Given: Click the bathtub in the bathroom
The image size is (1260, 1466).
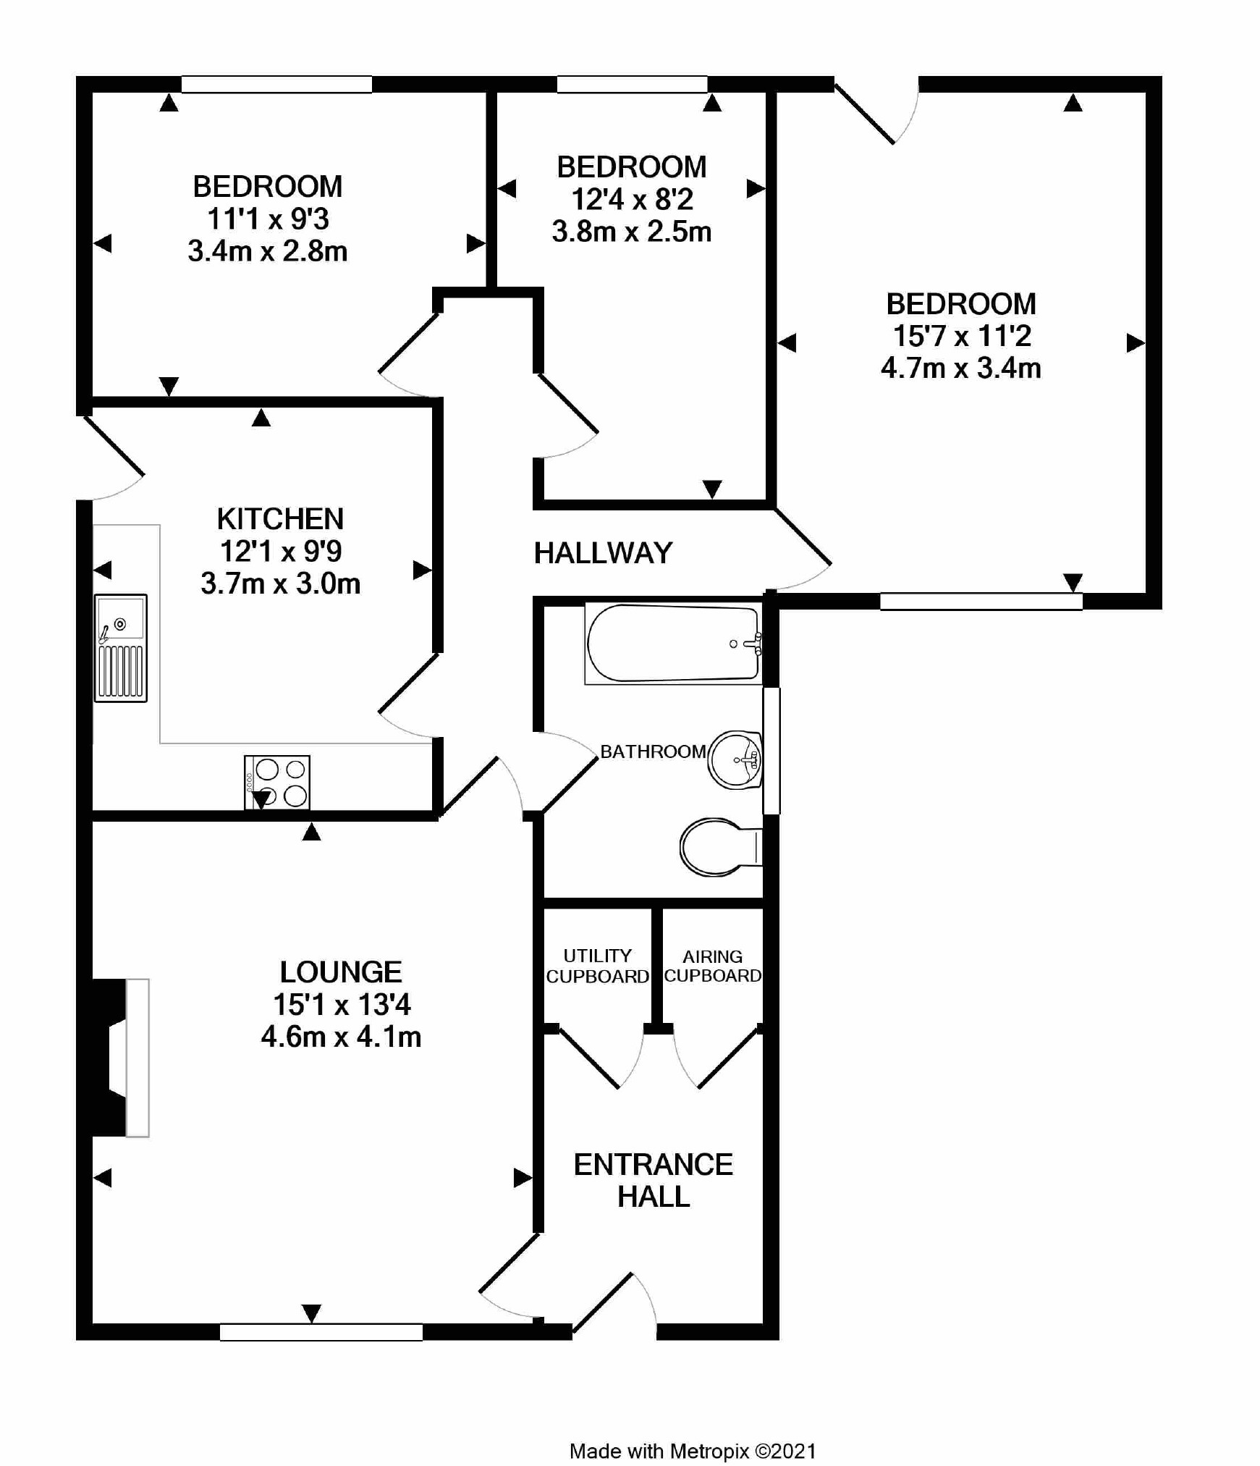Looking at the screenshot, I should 672,643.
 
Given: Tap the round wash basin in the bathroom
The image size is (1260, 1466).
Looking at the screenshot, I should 735,759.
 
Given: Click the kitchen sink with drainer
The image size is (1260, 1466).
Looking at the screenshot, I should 120,648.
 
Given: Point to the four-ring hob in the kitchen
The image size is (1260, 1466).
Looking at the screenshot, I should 277,782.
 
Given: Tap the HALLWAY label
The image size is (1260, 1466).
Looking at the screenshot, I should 603,553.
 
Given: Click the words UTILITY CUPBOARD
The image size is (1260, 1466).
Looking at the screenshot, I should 597,966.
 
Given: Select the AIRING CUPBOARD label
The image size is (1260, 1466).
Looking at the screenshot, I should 712,966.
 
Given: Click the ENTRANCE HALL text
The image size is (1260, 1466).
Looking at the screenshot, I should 653,1180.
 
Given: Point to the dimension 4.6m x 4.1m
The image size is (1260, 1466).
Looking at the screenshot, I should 341,1037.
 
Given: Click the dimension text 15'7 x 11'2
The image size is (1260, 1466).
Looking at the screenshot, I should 961,336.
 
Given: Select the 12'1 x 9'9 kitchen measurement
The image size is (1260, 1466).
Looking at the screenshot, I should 281,551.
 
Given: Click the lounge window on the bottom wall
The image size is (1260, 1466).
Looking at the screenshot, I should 321,1332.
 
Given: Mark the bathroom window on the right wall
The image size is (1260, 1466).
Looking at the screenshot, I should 771,751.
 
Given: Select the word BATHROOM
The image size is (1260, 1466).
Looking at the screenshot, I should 653,751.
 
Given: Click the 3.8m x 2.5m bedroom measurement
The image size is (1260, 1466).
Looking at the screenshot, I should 631,232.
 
